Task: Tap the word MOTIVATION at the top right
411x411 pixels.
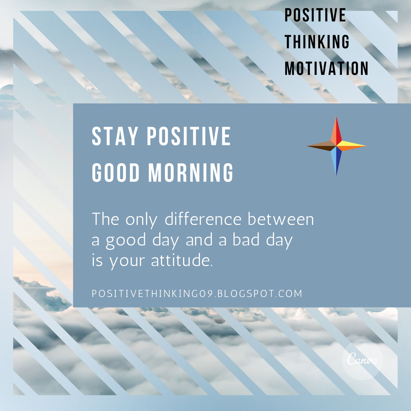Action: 326,69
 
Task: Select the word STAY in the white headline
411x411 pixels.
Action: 115,136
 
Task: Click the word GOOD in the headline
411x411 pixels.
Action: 116,173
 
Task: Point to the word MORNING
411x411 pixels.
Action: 191,173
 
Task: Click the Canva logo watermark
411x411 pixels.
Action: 362,359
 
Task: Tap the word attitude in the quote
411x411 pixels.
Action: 182,260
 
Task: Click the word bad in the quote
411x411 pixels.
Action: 246,240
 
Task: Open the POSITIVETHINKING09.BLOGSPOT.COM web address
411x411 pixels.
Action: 197,294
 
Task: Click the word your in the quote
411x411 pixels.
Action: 127,261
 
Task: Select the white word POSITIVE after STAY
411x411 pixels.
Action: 189,136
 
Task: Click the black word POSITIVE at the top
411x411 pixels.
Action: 315,15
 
